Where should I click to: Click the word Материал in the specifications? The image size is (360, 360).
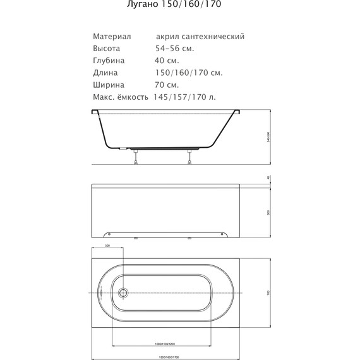tap(112, 37)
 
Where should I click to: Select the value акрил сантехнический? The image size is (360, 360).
tap(200, 37)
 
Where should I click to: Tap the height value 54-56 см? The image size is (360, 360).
tap(175, 49)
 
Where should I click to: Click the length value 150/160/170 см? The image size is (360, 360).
tap(188, 73)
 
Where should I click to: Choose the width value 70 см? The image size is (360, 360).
tap(167, 85)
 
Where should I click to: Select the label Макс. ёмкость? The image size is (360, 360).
tap(121, 97)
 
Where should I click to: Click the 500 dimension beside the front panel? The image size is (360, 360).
tap(268, 213)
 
